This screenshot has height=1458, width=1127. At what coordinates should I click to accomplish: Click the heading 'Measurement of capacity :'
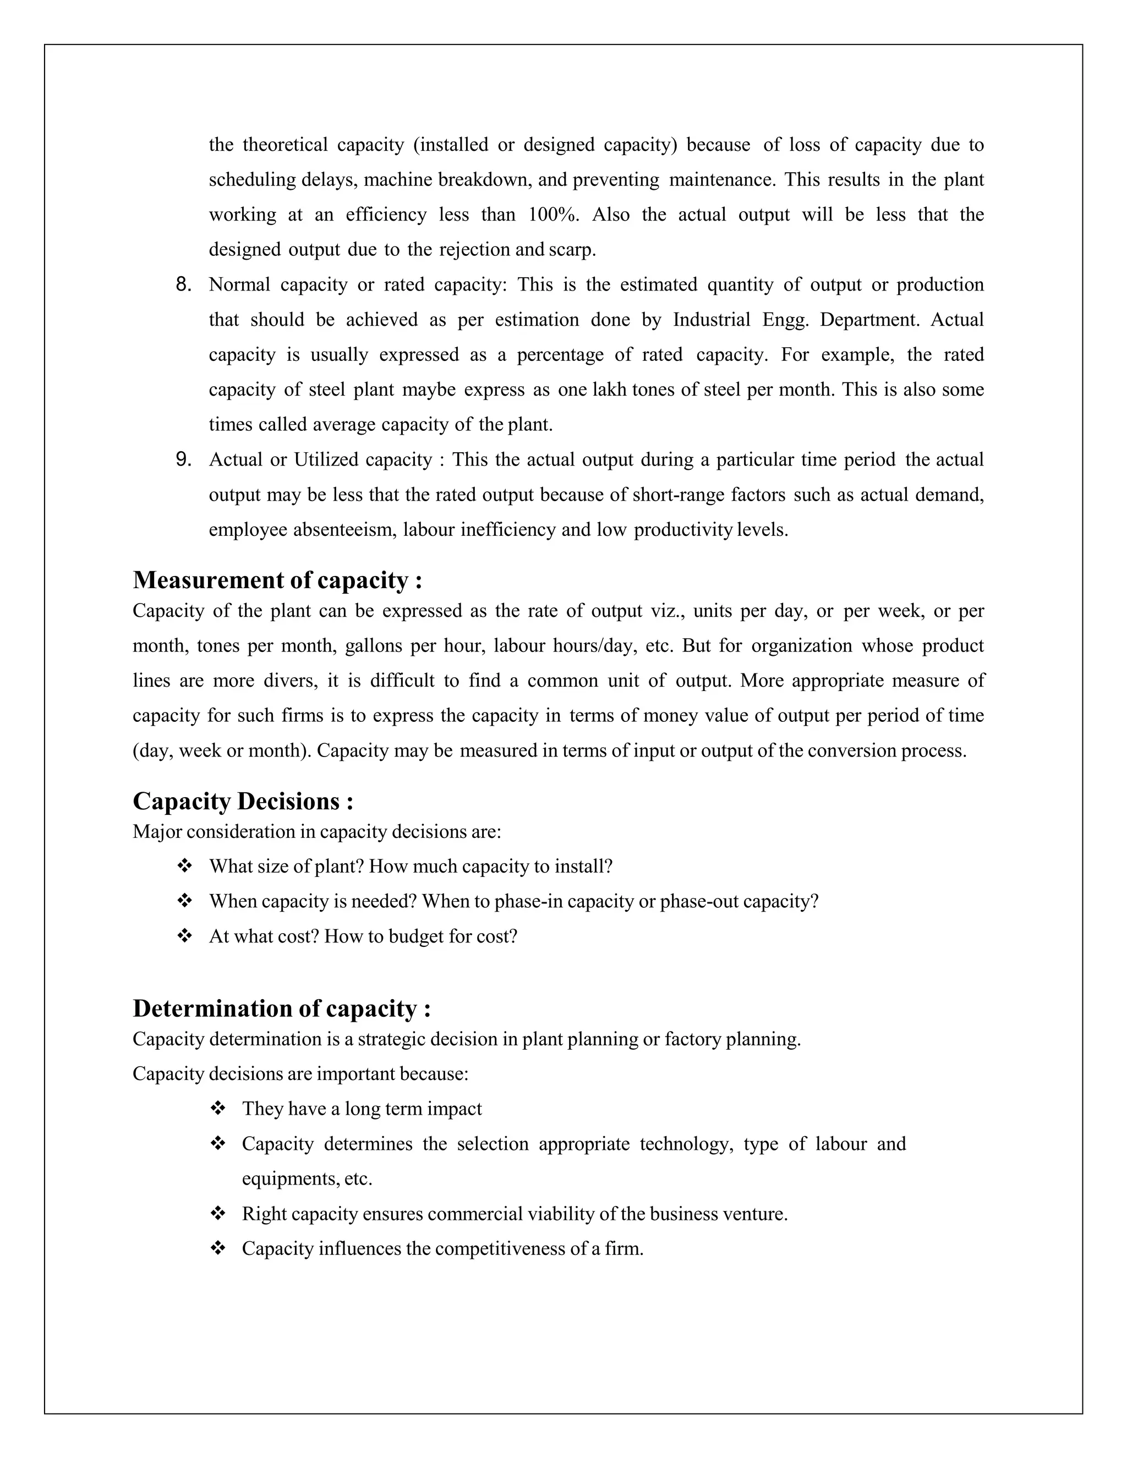pyautogui.click(x=277, y=580)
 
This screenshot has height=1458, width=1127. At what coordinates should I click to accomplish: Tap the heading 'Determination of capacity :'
pyautogui.click(x=281, y=1008)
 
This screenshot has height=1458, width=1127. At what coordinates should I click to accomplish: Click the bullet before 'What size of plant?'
pyautogui.click(x=184, y=867)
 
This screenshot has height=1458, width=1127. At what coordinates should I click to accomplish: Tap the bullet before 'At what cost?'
pyautogui.click(x=184, y=936)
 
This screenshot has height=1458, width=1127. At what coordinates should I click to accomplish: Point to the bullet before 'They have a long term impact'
pyautogui.click(x=218, y=1109)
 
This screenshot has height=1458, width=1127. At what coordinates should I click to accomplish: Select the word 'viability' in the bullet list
pyautogui.click(x=560, y=1214)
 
